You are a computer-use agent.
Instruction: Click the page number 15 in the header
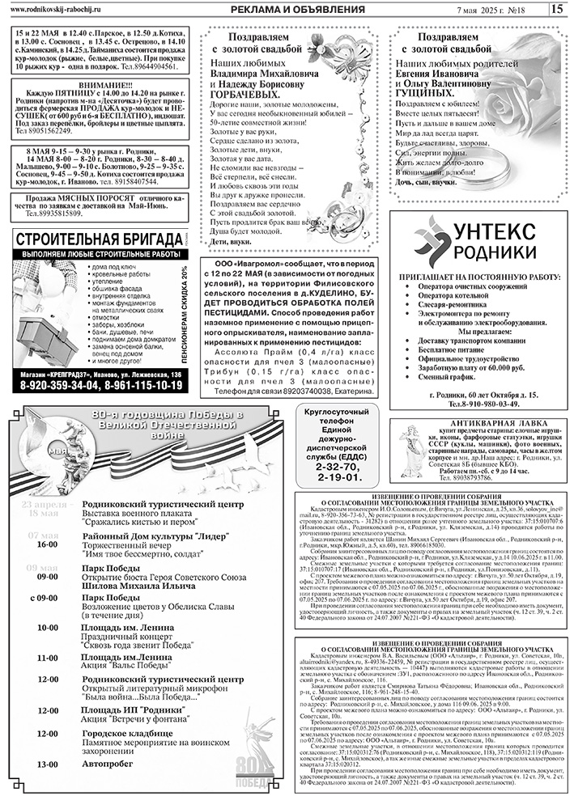click(x=557, y=9)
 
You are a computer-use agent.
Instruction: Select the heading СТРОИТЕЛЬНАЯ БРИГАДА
click(x=99, y=239)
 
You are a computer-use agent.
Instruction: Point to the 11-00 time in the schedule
click(x=48, y=658)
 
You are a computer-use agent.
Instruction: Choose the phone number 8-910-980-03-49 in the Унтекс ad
click(x=495, y=402)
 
